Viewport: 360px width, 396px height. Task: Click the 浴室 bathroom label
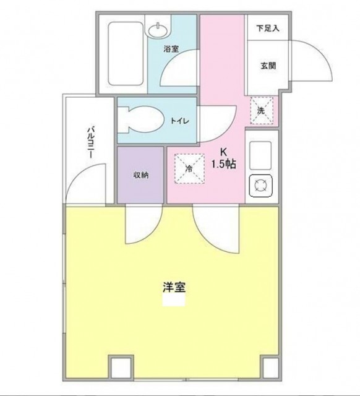[x=171, y=49]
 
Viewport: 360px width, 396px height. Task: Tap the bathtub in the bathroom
[x=126, y=54]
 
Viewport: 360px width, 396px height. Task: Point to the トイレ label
[x=179, y=121]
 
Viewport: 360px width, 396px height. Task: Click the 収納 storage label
[x=141, y=174]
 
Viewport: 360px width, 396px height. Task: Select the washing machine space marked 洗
[x=262, y=111]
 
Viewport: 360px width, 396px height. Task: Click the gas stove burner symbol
[x=261, y=186]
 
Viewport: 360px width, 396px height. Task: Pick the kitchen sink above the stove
[x=260, y=155]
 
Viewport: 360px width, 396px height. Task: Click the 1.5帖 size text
[x=224, y=165]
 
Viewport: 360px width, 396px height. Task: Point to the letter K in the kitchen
[x=223, y=152]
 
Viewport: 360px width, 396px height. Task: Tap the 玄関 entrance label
[x=268, y=66]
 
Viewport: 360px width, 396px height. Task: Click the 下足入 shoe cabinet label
[x=268, y=28]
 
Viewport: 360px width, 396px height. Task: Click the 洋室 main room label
[x=174, y=287]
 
